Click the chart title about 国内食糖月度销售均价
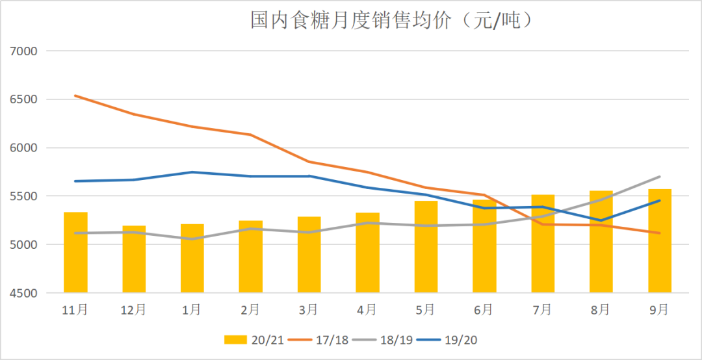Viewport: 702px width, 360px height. click(x=392, y=21)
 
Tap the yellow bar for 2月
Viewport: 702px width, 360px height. click(x=251, y=257)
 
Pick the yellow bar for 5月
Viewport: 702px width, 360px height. click(x=426, y=247)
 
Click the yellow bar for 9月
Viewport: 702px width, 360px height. click(x=659, y=241)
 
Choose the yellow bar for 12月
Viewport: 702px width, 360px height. click(x=134, y=259)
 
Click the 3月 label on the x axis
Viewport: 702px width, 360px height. click(x=309, y=310)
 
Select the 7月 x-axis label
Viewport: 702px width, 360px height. click(x=542, y=310)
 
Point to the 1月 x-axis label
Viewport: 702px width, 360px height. click(x=192, y=310)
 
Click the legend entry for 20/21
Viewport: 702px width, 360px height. click(x=253, y=339)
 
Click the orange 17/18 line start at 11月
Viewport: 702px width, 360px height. click(x=75, y=96)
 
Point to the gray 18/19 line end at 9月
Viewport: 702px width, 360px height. click(x=660, y=177)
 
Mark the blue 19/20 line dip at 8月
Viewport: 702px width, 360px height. click(x=601, y=220)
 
